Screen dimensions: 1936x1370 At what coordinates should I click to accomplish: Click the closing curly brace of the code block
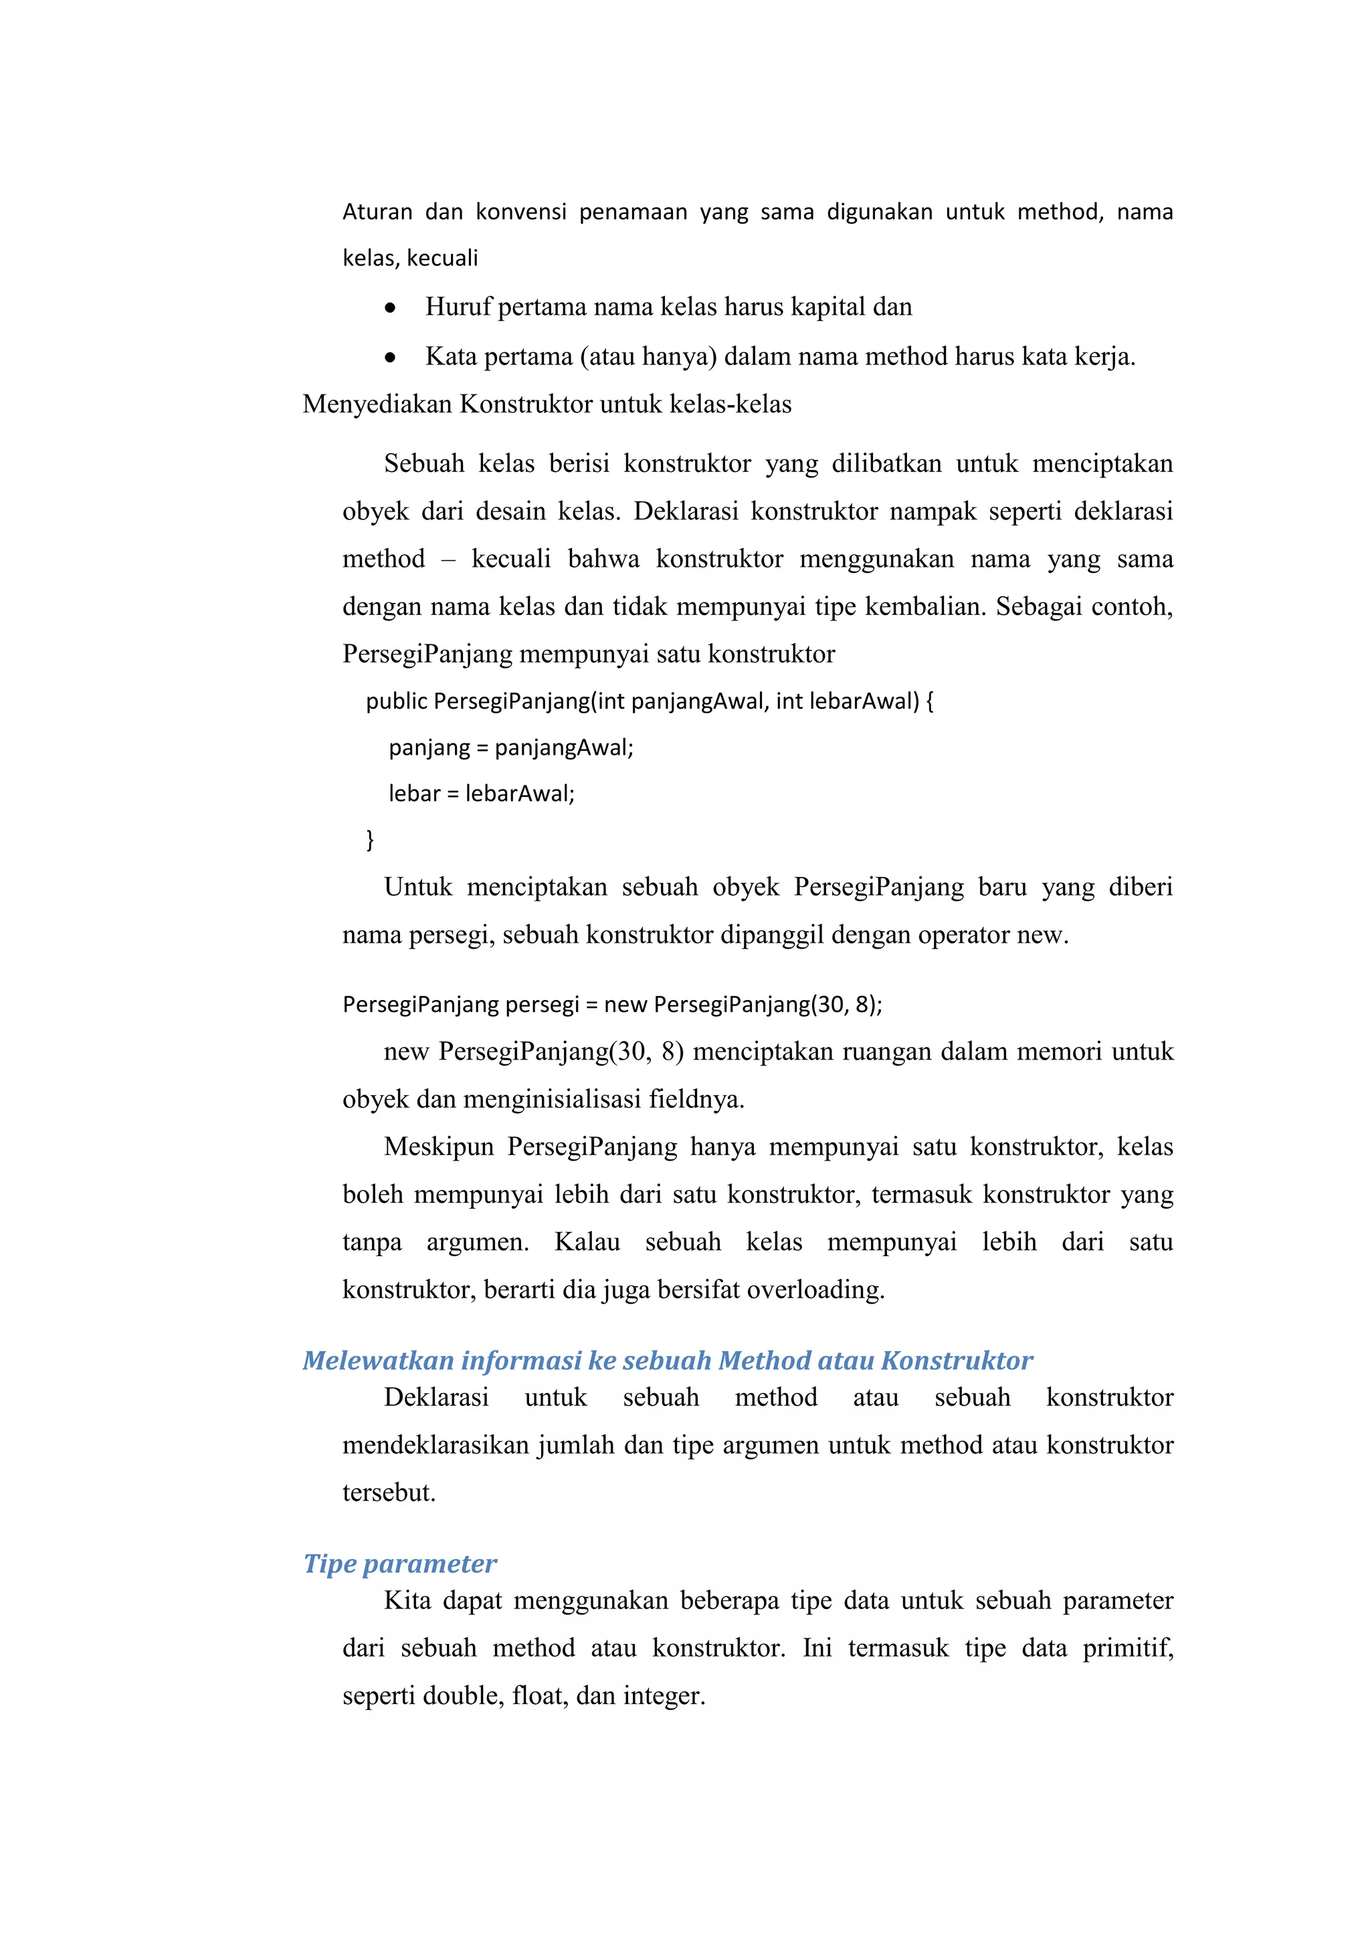[369, 839]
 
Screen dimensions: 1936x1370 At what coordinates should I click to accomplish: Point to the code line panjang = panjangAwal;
[510, 748]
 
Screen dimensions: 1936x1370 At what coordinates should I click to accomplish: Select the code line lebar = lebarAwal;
[481, 794]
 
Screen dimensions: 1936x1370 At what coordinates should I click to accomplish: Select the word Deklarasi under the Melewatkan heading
[436, 1397]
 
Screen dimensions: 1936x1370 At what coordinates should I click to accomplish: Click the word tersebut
[389, 1493]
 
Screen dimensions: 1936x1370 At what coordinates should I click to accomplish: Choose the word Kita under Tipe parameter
[407, 1600]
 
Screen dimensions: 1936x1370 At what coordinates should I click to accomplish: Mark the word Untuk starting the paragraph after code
[417, 887]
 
